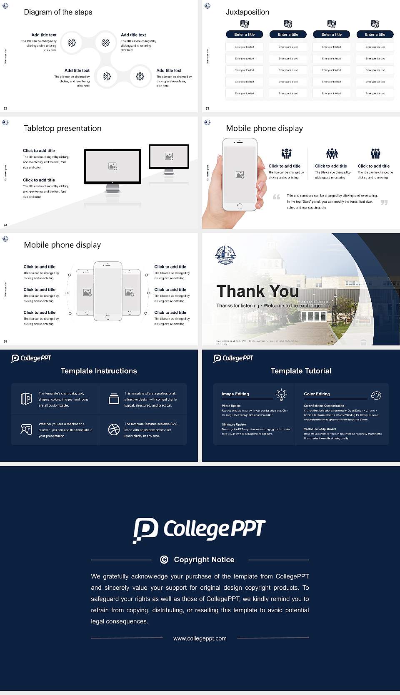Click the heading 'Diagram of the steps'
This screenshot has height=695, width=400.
coord(58,12)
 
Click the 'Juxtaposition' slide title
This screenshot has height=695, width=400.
coord(247,12)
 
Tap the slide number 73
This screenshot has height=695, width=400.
coord(207,108)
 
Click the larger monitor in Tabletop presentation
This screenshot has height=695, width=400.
coord(112,166)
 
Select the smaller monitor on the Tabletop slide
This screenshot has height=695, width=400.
coord(169,156)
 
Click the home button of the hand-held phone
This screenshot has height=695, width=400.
coord(239,206)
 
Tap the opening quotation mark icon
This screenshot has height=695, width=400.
coord(276,197)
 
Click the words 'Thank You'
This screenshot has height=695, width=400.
coord(257,291)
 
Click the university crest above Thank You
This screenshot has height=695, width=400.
coord(225,255)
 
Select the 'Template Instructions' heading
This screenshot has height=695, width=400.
coord(99,371)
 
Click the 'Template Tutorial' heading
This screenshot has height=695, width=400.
coord(301,371)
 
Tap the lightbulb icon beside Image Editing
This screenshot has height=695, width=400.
coord(281,395)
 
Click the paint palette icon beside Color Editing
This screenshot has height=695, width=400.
coord(376,395)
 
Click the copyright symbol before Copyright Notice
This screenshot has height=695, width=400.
coord(164,560)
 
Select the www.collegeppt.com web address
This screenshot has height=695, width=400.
coord(200,638)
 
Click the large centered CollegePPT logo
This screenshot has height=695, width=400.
coord(199,529)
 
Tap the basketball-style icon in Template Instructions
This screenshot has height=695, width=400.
coord(114,429)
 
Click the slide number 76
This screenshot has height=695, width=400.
coord(5,341)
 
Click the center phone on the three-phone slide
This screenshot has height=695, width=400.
coord(107,291)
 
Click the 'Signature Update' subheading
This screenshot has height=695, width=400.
coord(234,424)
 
